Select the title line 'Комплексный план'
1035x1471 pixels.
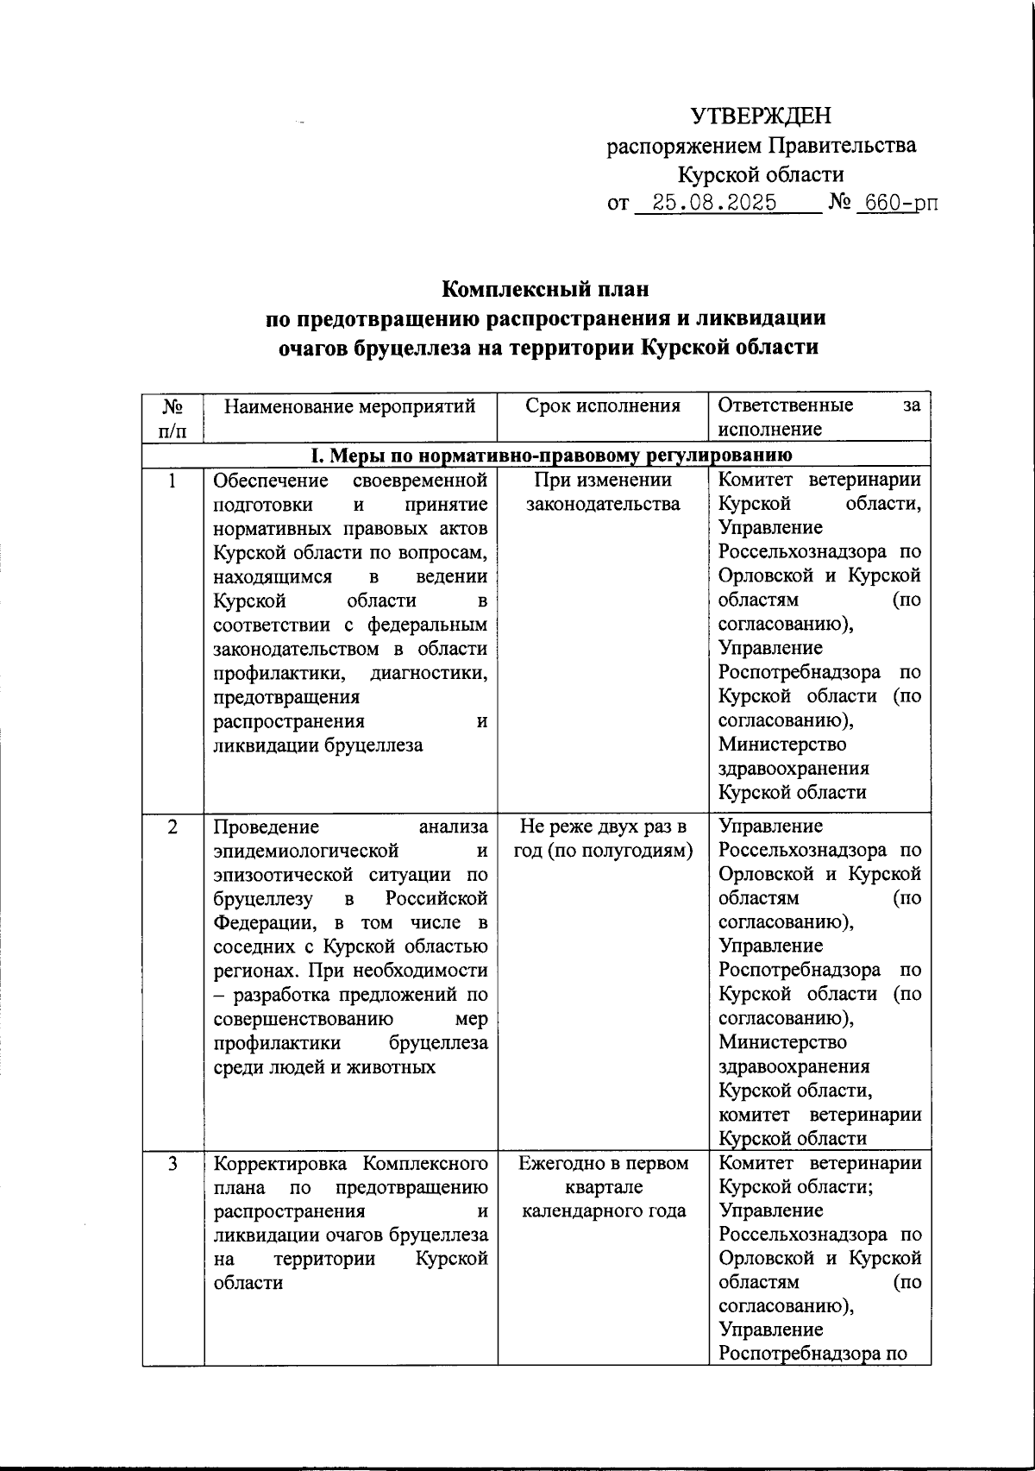545,287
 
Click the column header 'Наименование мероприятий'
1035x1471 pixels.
350,405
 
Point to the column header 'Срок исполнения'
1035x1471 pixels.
602,405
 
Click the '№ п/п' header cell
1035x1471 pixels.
172,417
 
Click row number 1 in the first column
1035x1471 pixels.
172,481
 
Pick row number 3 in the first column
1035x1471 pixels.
172,1164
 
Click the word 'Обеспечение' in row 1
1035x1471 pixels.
271,480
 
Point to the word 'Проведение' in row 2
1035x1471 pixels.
266,827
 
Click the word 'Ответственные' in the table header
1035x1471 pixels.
786,405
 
